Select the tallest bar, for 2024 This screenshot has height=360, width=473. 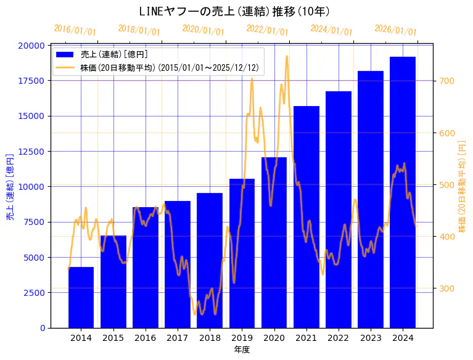tap(403, 192)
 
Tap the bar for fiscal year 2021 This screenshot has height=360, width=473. tap(306, 216)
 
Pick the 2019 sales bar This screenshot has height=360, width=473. tap(242, 253)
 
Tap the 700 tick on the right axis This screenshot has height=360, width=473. tap(446, 81)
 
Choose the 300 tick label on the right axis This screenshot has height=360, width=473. tap(446, 288)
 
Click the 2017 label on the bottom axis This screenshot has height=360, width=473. tap(178, 338)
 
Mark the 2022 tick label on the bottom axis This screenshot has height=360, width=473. tap(339, 338)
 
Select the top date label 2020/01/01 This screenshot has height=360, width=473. tap(203, 30)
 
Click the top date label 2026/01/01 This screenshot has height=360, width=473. tap(395, 30)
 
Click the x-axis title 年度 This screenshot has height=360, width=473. tap(242, 350)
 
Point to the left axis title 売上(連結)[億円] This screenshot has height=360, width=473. tap(10, 186)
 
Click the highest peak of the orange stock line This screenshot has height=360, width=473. tap(287, 56)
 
